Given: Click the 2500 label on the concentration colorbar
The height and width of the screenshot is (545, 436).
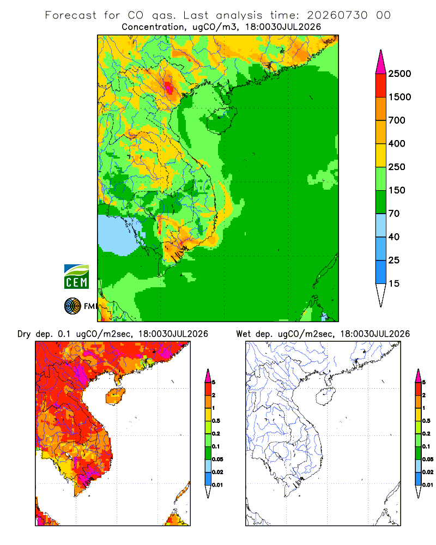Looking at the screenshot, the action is click(399, 74).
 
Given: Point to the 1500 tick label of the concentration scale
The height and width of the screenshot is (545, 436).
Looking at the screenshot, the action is click(399, 97).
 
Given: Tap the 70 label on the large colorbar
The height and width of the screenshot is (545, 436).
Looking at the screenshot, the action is click(393, 214).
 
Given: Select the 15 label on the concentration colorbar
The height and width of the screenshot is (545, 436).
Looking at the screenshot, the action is click(393, 283).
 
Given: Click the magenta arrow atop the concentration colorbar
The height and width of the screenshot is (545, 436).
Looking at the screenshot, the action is click(381, 63).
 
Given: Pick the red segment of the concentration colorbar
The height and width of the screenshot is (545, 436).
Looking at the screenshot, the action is click(381, 86).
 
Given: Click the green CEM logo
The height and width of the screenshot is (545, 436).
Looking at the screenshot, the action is click(76, 277).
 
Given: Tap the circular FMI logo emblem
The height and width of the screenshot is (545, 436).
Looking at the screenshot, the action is click(72, 306).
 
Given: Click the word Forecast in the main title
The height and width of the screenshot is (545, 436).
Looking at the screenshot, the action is click(71, 15).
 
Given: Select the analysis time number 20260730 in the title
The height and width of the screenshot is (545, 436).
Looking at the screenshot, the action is click(337, 15).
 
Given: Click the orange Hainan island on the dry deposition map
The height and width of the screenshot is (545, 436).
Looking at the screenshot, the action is click(116, 396).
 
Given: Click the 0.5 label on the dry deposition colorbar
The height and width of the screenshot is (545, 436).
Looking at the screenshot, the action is click(216, 421).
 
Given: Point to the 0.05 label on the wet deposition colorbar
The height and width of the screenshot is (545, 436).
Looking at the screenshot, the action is click(428, 459).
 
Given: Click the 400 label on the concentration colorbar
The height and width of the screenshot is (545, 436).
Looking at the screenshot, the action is click(397, 143).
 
